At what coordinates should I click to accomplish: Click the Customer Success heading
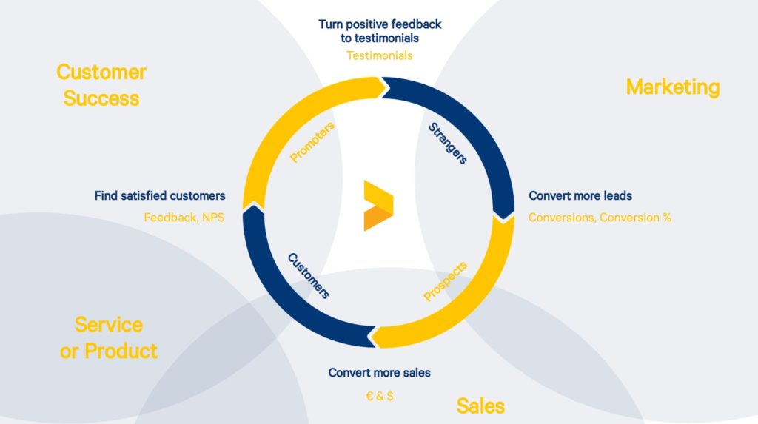[x=101, y=85]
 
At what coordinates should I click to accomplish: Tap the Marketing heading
[x=672, y=87]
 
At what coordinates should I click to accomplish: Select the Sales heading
[x=480, y=406]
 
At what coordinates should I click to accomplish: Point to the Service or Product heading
[x=108, y=337]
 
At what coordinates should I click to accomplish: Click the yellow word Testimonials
[x=380, y=55]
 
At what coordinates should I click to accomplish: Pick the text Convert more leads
[x=580, y=195]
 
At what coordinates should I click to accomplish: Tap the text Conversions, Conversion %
[x=600, y=218]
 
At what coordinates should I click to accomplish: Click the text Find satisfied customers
[x=160, y=195]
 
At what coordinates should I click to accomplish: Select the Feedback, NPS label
[x=184, y=218]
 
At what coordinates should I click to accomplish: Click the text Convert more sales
[x=380, y=372]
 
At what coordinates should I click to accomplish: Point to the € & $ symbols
[x=380, y=396]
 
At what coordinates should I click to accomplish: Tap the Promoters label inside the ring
[x=312, y=142]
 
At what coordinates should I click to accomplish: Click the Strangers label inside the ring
[x=448, y=143]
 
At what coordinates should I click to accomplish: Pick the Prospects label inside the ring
[x=445, y=281]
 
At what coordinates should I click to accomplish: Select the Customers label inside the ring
[x=309, y=275]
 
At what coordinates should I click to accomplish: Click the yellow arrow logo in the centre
[x=378, y=206]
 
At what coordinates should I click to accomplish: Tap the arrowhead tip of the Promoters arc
[x=389, y=87]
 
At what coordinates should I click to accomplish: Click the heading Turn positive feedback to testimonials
[x=380, y=31]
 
